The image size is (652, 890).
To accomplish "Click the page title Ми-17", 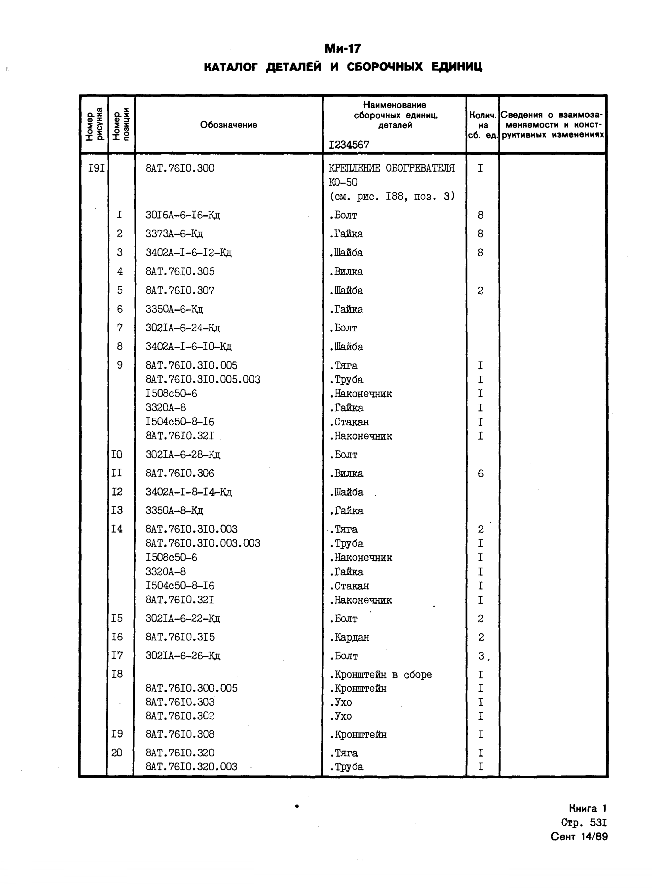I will click(x=342, y=49).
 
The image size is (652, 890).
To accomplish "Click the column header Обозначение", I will click(x=229, y=125).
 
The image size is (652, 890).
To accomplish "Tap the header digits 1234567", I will click(x=349, y=145).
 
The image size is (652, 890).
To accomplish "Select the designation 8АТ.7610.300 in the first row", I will click(x=180, y=168).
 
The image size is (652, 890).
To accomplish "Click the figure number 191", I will click(x=96, y=168).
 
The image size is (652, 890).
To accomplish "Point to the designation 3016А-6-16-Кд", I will click(x=183, y=215).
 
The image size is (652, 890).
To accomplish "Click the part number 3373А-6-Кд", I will click(x=174, y=234).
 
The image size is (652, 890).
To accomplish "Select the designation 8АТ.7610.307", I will click(x=180, y=291).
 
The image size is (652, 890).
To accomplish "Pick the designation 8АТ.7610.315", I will click(x=180, y=637).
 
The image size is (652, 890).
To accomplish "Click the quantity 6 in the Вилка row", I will click(x=480, y=473).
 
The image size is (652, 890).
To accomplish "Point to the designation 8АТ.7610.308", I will click(x=180, y=734).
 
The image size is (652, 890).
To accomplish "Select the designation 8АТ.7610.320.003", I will click(x=192, y=767).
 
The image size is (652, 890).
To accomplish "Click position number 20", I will click(x=117, y=753).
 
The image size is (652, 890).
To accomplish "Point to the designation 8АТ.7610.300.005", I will click(x=192, y=689).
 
